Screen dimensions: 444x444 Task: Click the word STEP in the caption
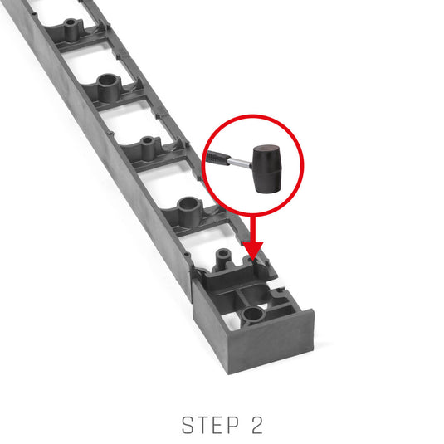[211, 425]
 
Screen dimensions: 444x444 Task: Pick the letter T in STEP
[203, 425]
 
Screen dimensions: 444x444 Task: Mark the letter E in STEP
[218, 425]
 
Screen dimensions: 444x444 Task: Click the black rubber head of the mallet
[267, 168]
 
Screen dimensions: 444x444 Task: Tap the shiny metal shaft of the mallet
[240, 163]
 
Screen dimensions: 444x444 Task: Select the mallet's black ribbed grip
[217, 157]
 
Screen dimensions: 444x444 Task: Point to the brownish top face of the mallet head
[266, 149]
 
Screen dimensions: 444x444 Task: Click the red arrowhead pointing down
[253, 250]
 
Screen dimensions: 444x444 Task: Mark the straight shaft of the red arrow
[253, 229]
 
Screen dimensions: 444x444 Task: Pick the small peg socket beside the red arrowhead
[223, 256]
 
